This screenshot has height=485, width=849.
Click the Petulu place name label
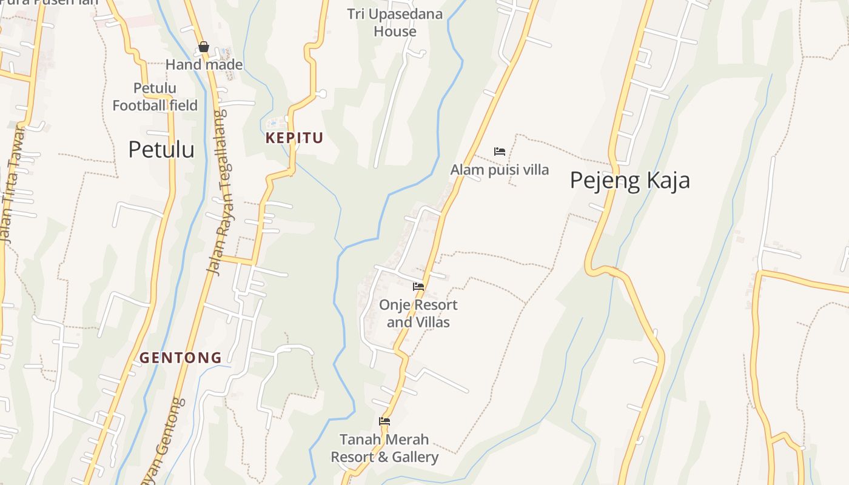tap(161, 150)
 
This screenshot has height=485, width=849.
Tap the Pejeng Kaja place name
tap(629, 181)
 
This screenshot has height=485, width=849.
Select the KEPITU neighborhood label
tap(294, 138)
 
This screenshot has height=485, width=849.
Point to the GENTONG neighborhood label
tap(181, 358)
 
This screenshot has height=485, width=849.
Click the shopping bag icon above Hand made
tap(204, 47)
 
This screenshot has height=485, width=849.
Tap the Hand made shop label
tap(204, 64)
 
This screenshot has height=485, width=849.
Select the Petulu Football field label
tap(155, 97)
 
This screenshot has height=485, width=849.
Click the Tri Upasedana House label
tap(395, 22)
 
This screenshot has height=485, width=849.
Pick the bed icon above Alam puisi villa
tap(500, 151)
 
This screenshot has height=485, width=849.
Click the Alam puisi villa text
tap(499, 170)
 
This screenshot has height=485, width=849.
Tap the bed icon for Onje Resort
tap(418, 286)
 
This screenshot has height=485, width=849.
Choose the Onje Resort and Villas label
tap(418, 313)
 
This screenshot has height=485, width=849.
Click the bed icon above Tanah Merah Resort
tap(384, 421)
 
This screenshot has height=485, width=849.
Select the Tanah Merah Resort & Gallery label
tap(384, 448)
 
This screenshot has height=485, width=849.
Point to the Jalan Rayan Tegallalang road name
tap(222, 192)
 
